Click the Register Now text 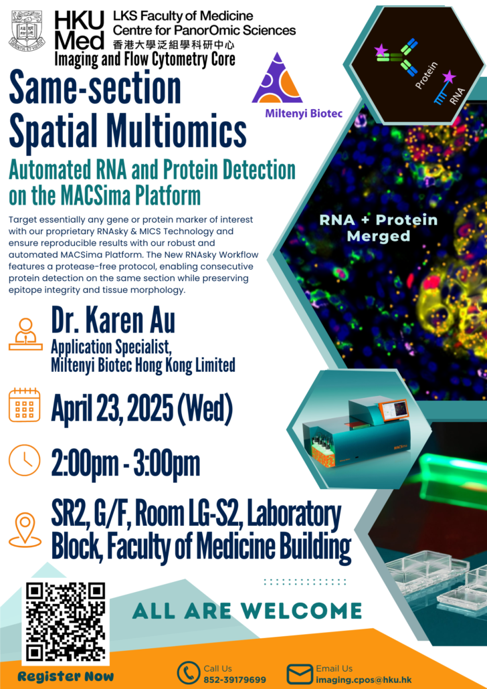(x=66, y=676)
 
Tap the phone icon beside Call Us (x=189, y=673)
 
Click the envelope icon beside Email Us (x=299, y=673)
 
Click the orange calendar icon (x=25, y=404)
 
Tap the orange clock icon (x=25, y=461)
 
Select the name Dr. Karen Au (x=113, y=322)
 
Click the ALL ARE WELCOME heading (x=247, y=610)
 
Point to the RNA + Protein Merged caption (x=387, y=228)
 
